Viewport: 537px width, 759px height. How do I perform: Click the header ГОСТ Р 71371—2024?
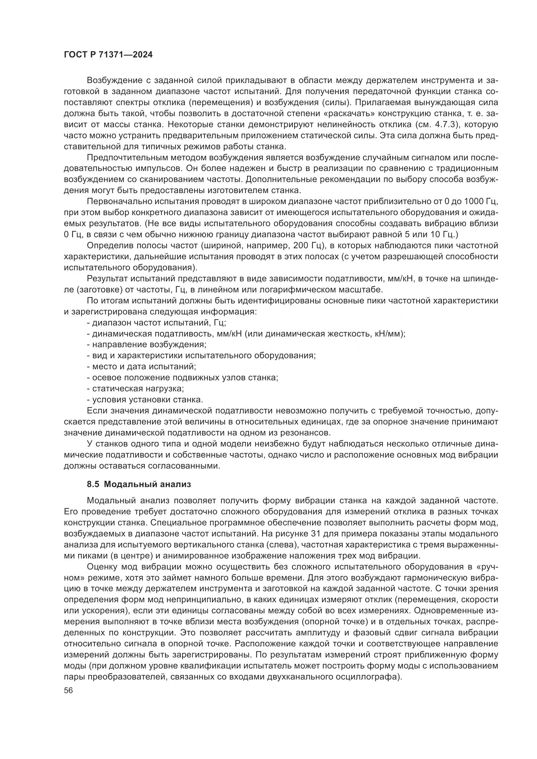pos(108,55)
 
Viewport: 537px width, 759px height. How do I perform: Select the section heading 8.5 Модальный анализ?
pos(139,484)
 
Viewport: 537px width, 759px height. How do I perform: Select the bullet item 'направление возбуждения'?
pos(146,345)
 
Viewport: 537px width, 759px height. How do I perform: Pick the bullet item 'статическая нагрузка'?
pos(135,388)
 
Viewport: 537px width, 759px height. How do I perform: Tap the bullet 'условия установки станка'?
pos(145,400)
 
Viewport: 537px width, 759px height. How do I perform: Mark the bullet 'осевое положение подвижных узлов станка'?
pos(182,377)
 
